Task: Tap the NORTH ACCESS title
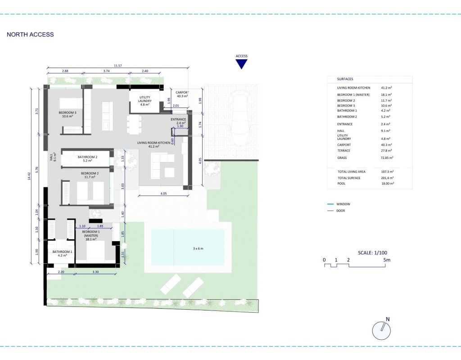[30, 34]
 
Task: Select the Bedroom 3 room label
[68, 114]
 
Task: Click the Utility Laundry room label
[145, 101]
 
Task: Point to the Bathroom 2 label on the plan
[87, 159]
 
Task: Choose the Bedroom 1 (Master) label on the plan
[91, 235]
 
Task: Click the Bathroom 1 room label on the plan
[62, 253]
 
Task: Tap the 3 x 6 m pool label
[198, 248]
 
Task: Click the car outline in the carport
[240, 118]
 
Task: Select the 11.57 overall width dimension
[118, 66]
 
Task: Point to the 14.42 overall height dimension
[29, 176]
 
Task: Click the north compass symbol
[382, 330]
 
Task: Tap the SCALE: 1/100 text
[372, 253]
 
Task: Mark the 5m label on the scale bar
[387, 260]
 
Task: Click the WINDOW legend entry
[339, 204]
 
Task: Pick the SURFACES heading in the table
[345, 79]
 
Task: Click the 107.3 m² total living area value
[388, 171]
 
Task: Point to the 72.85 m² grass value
[387, 158]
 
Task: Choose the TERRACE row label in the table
[343, 151]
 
